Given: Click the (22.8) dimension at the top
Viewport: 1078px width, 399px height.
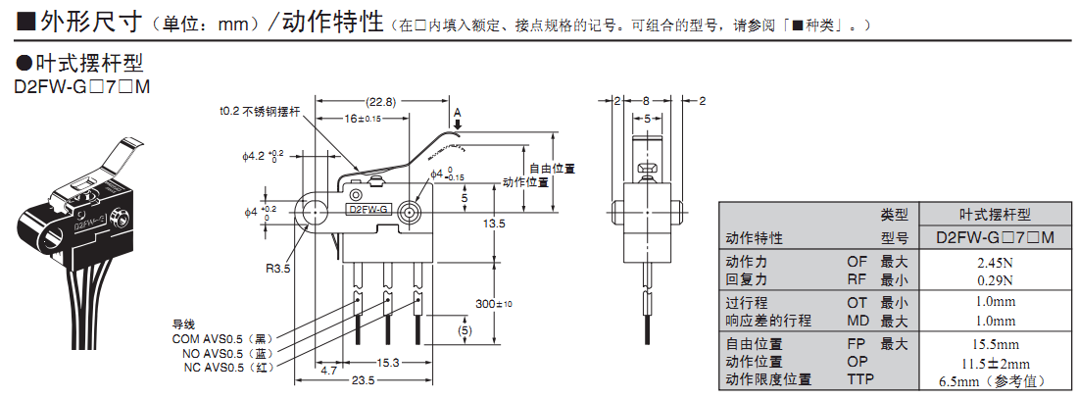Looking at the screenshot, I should [x=381, y=102].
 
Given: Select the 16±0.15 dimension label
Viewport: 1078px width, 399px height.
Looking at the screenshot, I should [x=363, y=118].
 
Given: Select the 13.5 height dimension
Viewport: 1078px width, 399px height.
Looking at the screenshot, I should [x=493, y=224].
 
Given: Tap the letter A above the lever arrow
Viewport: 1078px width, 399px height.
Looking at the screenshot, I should [x=458, y=111].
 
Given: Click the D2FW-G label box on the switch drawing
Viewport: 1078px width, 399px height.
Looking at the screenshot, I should [x=369, y=210].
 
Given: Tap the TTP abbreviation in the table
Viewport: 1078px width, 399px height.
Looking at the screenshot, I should [x=859, y=379].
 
